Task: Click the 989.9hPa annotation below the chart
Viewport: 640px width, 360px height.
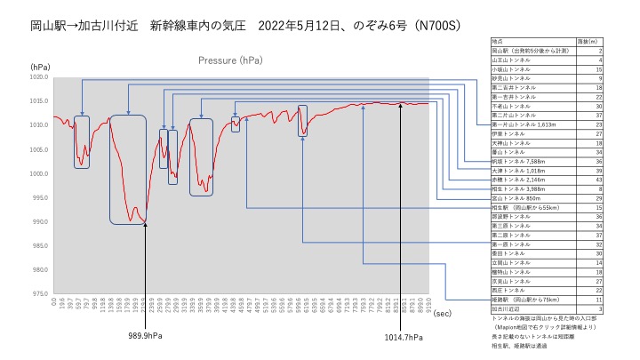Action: pos(145,336)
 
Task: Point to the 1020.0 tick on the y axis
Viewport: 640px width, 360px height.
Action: pos(40,77)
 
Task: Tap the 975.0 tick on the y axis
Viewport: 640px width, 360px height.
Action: pos(40,293)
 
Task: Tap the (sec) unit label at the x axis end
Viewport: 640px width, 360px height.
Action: pos(442,313)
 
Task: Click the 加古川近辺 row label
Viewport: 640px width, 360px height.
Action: pos(504,308)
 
